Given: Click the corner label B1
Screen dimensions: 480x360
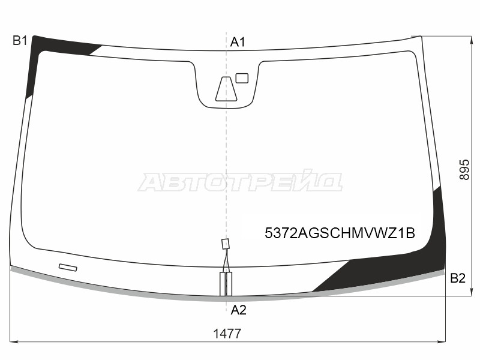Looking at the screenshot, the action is point(20,41).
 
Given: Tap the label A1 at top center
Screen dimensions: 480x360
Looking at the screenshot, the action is point(238,42).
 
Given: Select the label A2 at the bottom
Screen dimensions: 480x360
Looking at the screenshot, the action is point(238,310).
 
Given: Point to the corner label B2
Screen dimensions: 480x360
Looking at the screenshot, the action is point(458,278).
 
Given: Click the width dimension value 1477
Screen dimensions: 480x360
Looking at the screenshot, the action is point(227,334).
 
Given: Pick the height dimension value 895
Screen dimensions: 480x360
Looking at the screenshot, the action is point(464,170).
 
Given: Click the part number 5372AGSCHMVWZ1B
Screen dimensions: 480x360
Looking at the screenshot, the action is point(340,233).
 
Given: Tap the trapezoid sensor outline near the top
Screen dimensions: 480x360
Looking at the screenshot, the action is point(226,89).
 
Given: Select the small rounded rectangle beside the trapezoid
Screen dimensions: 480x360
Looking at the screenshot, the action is point(242,78).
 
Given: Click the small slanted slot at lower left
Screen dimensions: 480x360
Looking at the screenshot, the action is point(68,267).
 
